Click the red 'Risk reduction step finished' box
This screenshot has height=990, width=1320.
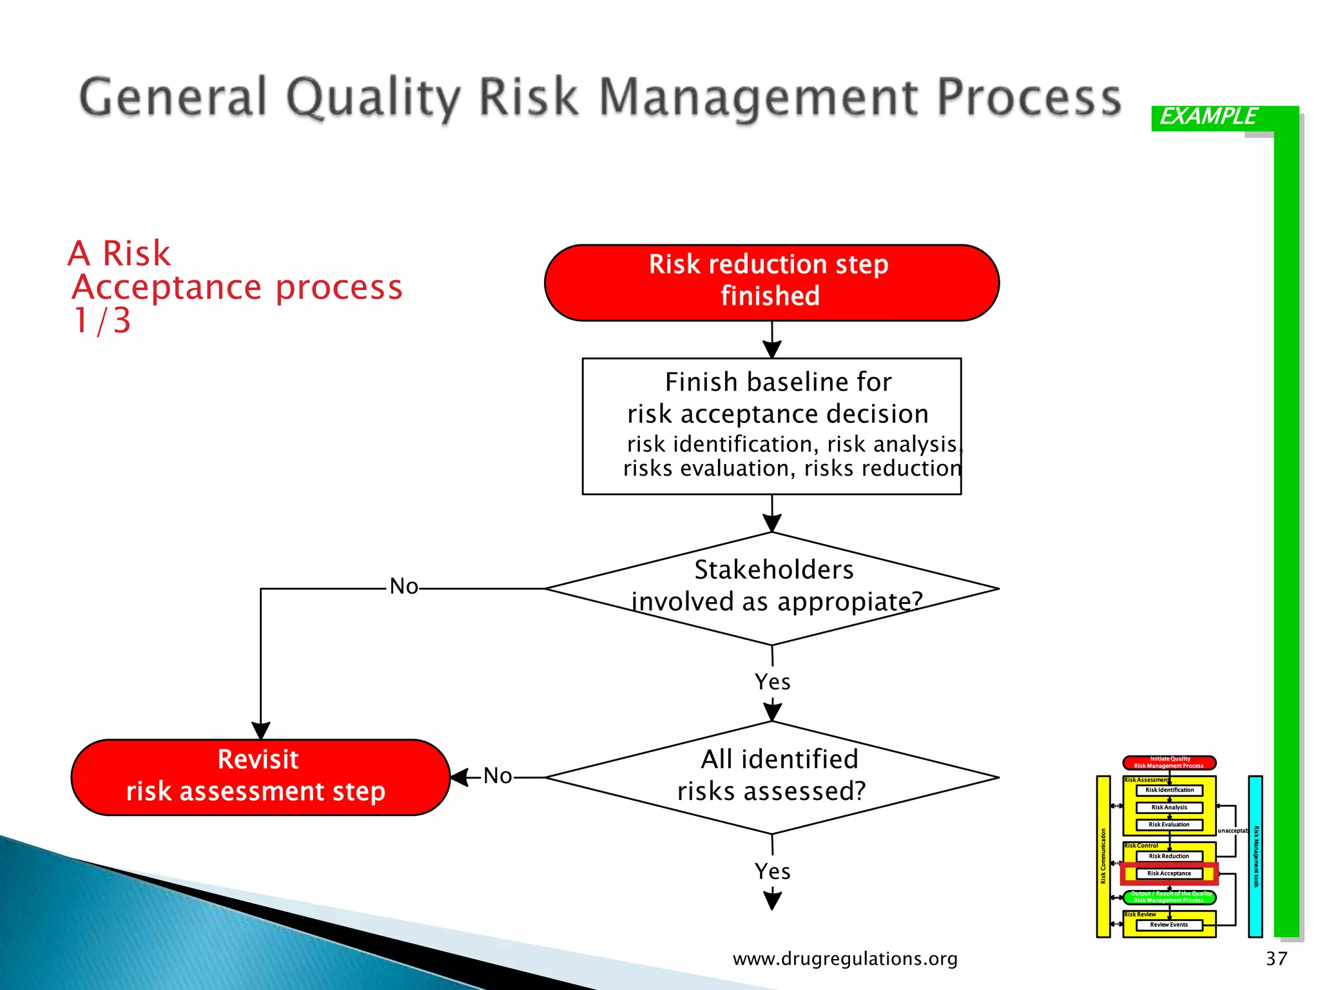pyautogui.click(x=772, y=282)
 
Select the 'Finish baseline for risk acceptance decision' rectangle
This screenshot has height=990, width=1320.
pyautogui.click(x=772, y=426)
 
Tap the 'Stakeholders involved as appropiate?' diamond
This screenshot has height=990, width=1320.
pyautogui.click(x=772, y=588)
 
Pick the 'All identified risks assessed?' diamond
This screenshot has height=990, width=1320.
pyautogui.click(x=772, y=777)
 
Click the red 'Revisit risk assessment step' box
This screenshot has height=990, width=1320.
pyautogui.click(x=260, y=777)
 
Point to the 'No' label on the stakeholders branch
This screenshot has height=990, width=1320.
pyautogui.click(x=403, y=587)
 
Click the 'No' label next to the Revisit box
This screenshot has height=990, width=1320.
pyautogui.click(x=498, y=776)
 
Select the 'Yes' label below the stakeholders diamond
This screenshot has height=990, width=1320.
pyautogui.click(x=772, y=682)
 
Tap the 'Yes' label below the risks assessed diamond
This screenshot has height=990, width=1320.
pyautogui.click(x=772, y=871)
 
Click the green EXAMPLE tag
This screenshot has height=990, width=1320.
pyautogui.click(x=1208, y=117)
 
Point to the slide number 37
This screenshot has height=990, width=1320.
pyautogui.click(x=1276, y=959)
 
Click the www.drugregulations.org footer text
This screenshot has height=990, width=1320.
pyautogui.click(x=845, y=959)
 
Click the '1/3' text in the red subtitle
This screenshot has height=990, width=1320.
pyautogui.click(x=102, y=321)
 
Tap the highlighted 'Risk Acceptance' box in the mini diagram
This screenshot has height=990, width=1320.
pyautogui.click(x=1169, y=873)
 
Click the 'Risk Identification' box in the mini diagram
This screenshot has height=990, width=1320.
pyautogui.click(x=1169, y=790)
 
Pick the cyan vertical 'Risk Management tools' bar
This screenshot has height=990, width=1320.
pyautogui.click(x=1255, y=856)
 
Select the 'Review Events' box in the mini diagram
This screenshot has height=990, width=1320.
pyautogui.click(x=1169, y=925)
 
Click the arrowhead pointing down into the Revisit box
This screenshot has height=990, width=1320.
pyautogui.click(x=260, y=731)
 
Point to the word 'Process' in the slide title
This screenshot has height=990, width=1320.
pyautogui.click(x=1029, y=98)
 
